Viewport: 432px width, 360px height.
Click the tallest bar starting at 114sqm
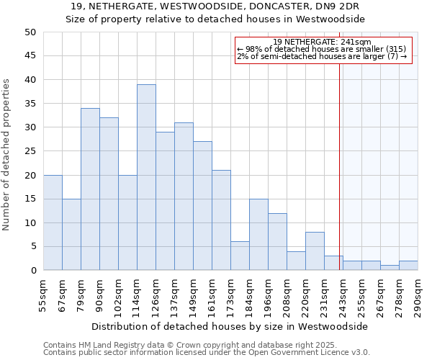click(x=146, y=177)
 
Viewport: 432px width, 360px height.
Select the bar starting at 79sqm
click(x=90, y=189)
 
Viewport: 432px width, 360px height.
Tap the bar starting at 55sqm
click(x=53, y=222)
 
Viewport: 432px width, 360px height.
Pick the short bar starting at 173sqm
click(x=240, y=256)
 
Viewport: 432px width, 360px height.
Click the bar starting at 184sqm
click(x=258, y=234)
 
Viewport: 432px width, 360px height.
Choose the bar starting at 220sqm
click(x=315, y=251)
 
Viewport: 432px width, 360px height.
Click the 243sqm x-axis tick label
click(x=343, y=297)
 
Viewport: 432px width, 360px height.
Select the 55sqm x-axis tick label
click(x=43, y=297)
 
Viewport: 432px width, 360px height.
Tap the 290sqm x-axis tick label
click(x=418, y=297)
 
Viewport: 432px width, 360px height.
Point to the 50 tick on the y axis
click(x=30, y=32)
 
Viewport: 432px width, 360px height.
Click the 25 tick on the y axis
click(x=30, y=151)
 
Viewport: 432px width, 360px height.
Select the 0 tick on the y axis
click(x=33, y=271)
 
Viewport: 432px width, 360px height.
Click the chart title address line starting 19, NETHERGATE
click(x=216, y=6)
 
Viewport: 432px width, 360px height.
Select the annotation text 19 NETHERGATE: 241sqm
click(x=323, y=42)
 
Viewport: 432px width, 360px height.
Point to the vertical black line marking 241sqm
click(x=339, y=166)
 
